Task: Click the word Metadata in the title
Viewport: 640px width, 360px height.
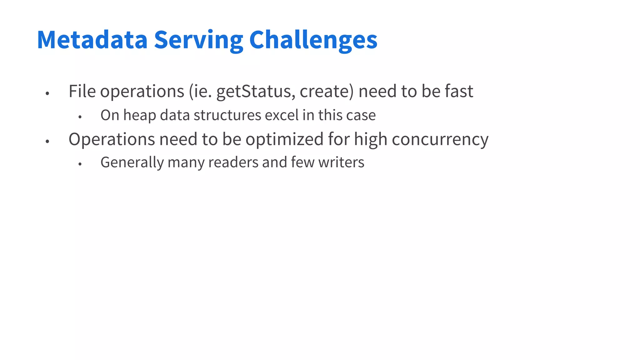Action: pos(92,40)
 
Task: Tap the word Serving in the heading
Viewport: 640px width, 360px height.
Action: pos(198,40)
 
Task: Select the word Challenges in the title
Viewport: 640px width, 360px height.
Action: pos(313,40)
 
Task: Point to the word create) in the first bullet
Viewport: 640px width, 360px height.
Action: pos(327,91)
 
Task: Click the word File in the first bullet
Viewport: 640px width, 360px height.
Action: pos(82,91)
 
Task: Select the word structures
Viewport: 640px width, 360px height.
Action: pos(227,115)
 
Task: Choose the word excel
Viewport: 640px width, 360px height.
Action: pos(282,115)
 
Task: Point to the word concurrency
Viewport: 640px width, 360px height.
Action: pos(440,139)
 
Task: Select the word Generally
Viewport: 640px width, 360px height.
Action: pos(132,162)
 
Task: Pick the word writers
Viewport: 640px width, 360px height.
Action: pos(341,162)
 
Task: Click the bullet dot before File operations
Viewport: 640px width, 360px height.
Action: pos(47,93)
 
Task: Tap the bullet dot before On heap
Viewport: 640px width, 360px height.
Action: pos(80,117)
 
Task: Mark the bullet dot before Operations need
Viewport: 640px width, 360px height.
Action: pos(47,141)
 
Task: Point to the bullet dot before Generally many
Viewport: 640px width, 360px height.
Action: pos(80,164)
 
